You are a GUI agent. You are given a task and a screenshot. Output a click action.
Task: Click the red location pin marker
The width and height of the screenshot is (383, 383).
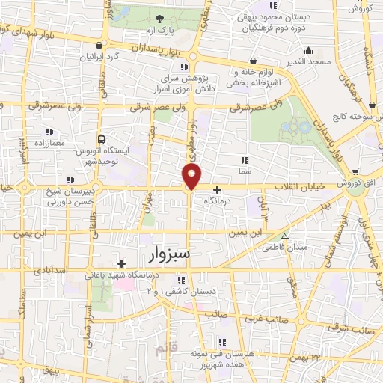pos(192,177)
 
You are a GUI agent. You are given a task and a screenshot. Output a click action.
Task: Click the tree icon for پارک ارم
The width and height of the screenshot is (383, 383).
pos(158,19)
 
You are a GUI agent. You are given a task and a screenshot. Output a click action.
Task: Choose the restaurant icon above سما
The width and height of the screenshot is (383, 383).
pos(244,159)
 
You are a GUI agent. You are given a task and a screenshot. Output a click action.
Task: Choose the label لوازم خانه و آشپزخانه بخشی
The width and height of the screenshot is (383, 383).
pos(253,76)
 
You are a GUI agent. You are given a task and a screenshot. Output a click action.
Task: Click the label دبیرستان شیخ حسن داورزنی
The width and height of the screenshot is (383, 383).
pos(49,197)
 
